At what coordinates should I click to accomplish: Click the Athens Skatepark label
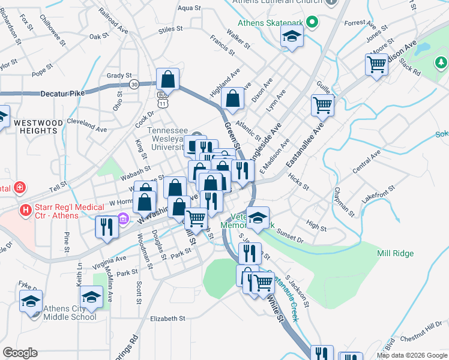270,23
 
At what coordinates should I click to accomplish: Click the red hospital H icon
25,210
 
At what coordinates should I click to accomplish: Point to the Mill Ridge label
395,253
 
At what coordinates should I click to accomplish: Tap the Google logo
20,353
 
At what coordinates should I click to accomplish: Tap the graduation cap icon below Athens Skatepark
292,38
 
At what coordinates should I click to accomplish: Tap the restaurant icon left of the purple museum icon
107,227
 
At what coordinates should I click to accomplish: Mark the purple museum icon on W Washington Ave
124,218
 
